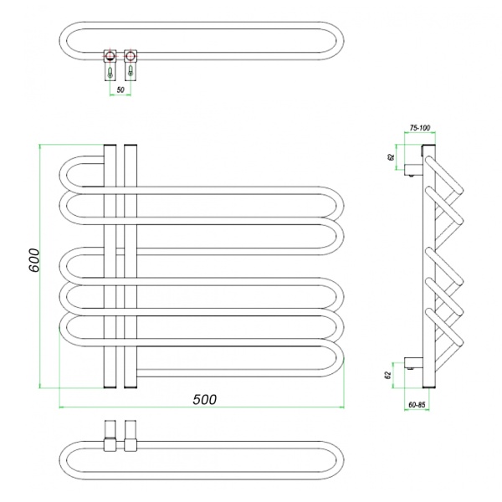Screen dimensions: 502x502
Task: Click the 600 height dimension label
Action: point(34,260)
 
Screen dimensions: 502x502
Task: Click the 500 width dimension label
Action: point(205,399)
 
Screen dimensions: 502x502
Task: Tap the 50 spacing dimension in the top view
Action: point(120,90)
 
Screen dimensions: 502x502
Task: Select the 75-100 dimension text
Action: point(420,128)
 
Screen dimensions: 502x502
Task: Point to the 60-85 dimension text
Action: point(417,405)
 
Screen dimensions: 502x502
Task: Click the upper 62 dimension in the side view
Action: point(391,157)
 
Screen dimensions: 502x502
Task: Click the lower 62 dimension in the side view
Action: point(388,375)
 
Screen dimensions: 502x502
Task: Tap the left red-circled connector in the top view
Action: point(110,56)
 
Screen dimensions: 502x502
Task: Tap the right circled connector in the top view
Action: point(131,56)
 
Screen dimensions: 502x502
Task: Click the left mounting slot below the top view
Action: point(110,72)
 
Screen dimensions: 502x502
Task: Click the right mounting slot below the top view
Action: point(131,71)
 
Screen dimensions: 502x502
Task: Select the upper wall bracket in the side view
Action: point(413,169)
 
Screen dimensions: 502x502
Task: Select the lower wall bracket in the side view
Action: point(413,363)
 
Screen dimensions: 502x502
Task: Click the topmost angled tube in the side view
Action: point(444,175)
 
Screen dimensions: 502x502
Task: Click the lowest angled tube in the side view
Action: point(444,327)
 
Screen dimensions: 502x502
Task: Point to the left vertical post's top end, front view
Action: point(110,145)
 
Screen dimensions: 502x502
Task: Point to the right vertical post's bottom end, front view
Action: point(131,387)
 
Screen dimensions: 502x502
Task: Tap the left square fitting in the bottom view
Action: point(110,445)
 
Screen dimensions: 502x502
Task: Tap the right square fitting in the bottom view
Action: point(131,445)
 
